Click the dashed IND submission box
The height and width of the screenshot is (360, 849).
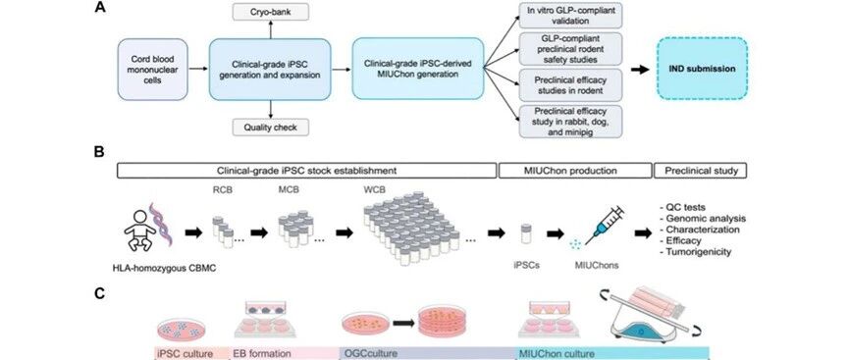coord(702,69)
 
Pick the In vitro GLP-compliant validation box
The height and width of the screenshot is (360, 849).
coord(570,16)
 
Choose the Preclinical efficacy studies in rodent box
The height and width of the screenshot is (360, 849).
coord(570,84)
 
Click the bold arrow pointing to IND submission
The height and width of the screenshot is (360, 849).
coord(640,70)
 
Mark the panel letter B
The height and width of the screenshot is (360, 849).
coord(99,153)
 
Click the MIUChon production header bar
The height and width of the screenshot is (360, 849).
coord(574,171)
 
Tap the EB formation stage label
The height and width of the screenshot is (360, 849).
coord(262,354)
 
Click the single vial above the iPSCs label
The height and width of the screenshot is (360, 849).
coord(525,233)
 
